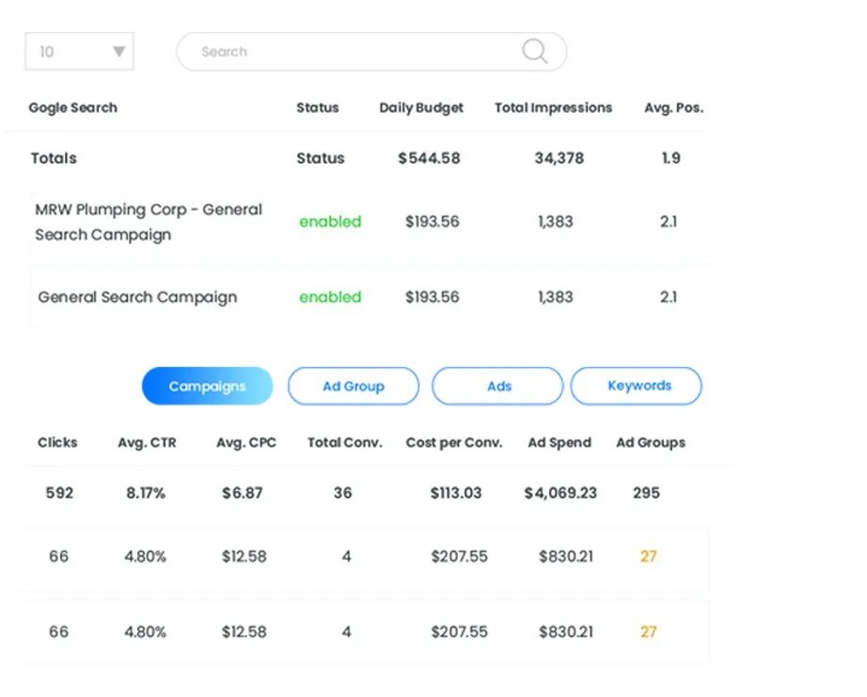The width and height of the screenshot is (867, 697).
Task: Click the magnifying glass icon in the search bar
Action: [534, 52]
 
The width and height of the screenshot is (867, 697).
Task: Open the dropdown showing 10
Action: [79, 52]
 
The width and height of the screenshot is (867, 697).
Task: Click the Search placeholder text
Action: [224, 52]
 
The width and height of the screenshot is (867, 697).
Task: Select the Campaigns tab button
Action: [207, 387]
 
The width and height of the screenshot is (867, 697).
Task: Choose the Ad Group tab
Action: [354, 387]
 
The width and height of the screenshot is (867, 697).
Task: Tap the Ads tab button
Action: [499, 387]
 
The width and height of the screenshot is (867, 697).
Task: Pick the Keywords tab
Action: [639, 386]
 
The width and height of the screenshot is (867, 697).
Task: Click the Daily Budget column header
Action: [421, 107]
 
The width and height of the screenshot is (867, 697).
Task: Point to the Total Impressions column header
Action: [553, 107]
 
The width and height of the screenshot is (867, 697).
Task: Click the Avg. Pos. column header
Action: [673, 107]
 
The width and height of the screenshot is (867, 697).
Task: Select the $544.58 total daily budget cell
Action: [429, 158]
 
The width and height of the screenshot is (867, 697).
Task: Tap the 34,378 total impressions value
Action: [560, 158]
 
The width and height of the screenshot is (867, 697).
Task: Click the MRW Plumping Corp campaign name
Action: [149, 222]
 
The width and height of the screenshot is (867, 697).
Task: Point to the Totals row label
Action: [54, 158]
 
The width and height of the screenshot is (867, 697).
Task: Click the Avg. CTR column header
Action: [147, 442]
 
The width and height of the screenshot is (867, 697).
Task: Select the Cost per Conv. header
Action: [454, 442]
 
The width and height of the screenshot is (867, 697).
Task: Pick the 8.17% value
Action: [146, 492]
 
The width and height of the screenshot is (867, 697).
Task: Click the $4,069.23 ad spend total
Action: [560, 492]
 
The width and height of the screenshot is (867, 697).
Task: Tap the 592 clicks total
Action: [59, 492]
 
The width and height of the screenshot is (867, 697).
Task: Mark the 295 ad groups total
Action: [646, 492]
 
